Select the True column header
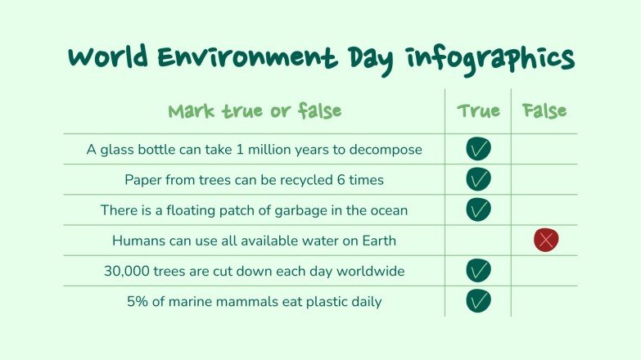tap(478, 111)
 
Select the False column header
tap(544, 111)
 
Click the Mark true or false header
tap(255, 111)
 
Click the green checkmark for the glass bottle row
tap(478, 149)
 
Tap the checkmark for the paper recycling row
tap(478, 179)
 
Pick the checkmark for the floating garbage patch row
tap(478, 209)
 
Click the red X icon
tap(545, 240)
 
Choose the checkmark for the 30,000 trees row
tap(478, 270)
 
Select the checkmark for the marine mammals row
tap(478, 300)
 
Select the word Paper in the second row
tap(143, 180)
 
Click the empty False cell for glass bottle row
tap(544, 149)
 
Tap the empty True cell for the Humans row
tap(478, 240)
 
